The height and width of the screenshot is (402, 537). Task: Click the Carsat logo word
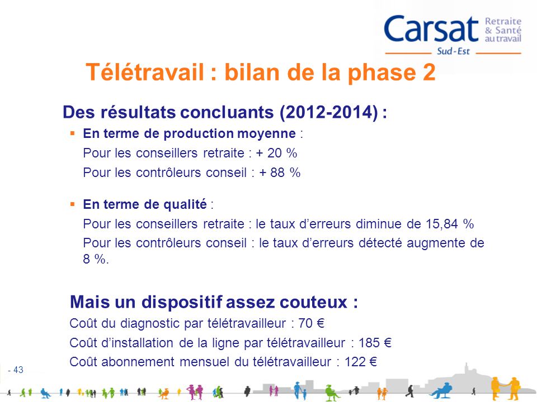click(431, 29)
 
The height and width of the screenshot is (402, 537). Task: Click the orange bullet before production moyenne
click(73, 133)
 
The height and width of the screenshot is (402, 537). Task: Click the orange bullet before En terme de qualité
click(73, 204)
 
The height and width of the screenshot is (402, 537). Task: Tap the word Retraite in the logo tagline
click(502, 21)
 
